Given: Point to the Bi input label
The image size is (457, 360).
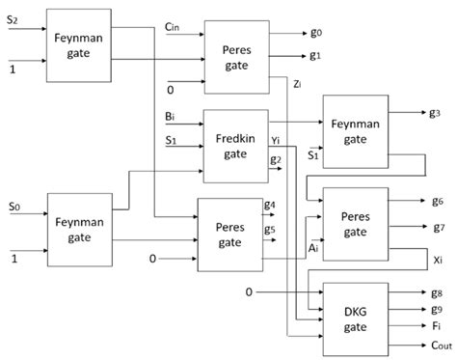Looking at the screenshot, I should [x=171, y=119].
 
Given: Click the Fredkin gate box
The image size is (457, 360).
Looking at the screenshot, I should [x=236, y=146].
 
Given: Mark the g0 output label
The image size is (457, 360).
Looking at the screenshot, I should [x=316, y=32].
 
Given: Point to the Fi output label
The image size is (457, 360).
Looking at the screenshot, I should [x=435, y=326].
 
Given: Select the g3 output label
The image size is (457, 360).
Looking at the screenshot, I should [x=436, y=113].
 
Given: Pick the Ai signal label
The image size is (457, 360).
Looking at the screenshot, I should [x=311, y=248].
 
